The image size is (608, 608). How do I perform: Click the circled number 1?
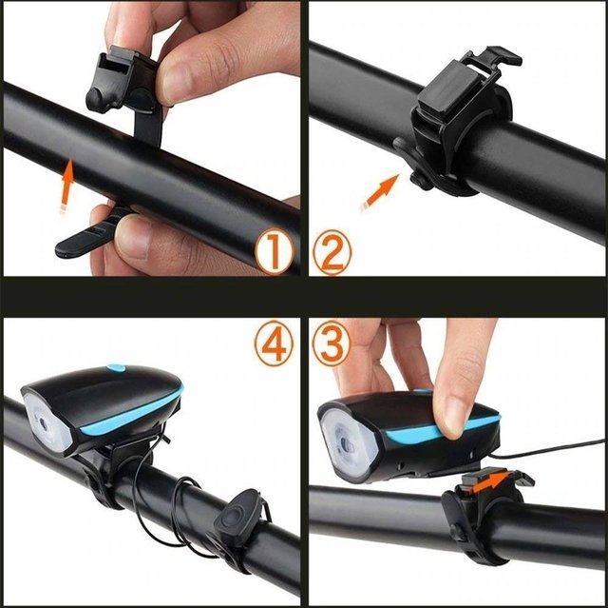(x=275, y=251)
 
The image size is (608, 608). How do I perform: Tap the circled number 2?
(x=332, y=251)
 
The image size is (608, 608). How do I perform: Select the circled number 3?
(x=331, y=343)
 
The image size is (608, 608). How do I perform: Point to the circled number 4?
(x=274, y=343)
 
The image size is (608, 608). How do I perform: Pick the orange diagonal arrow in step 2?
(x=379, y=193)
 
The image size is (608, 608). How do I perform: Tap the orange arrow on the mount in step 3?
(x=490, y=482)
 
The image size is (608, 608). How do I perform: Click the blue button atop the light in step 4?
(x=116, y=367)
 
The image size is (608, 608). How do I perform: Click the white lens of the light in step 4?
(x=47, y=422)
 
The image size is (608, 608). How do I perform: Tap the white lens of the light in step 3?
(x=347, y=443)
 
